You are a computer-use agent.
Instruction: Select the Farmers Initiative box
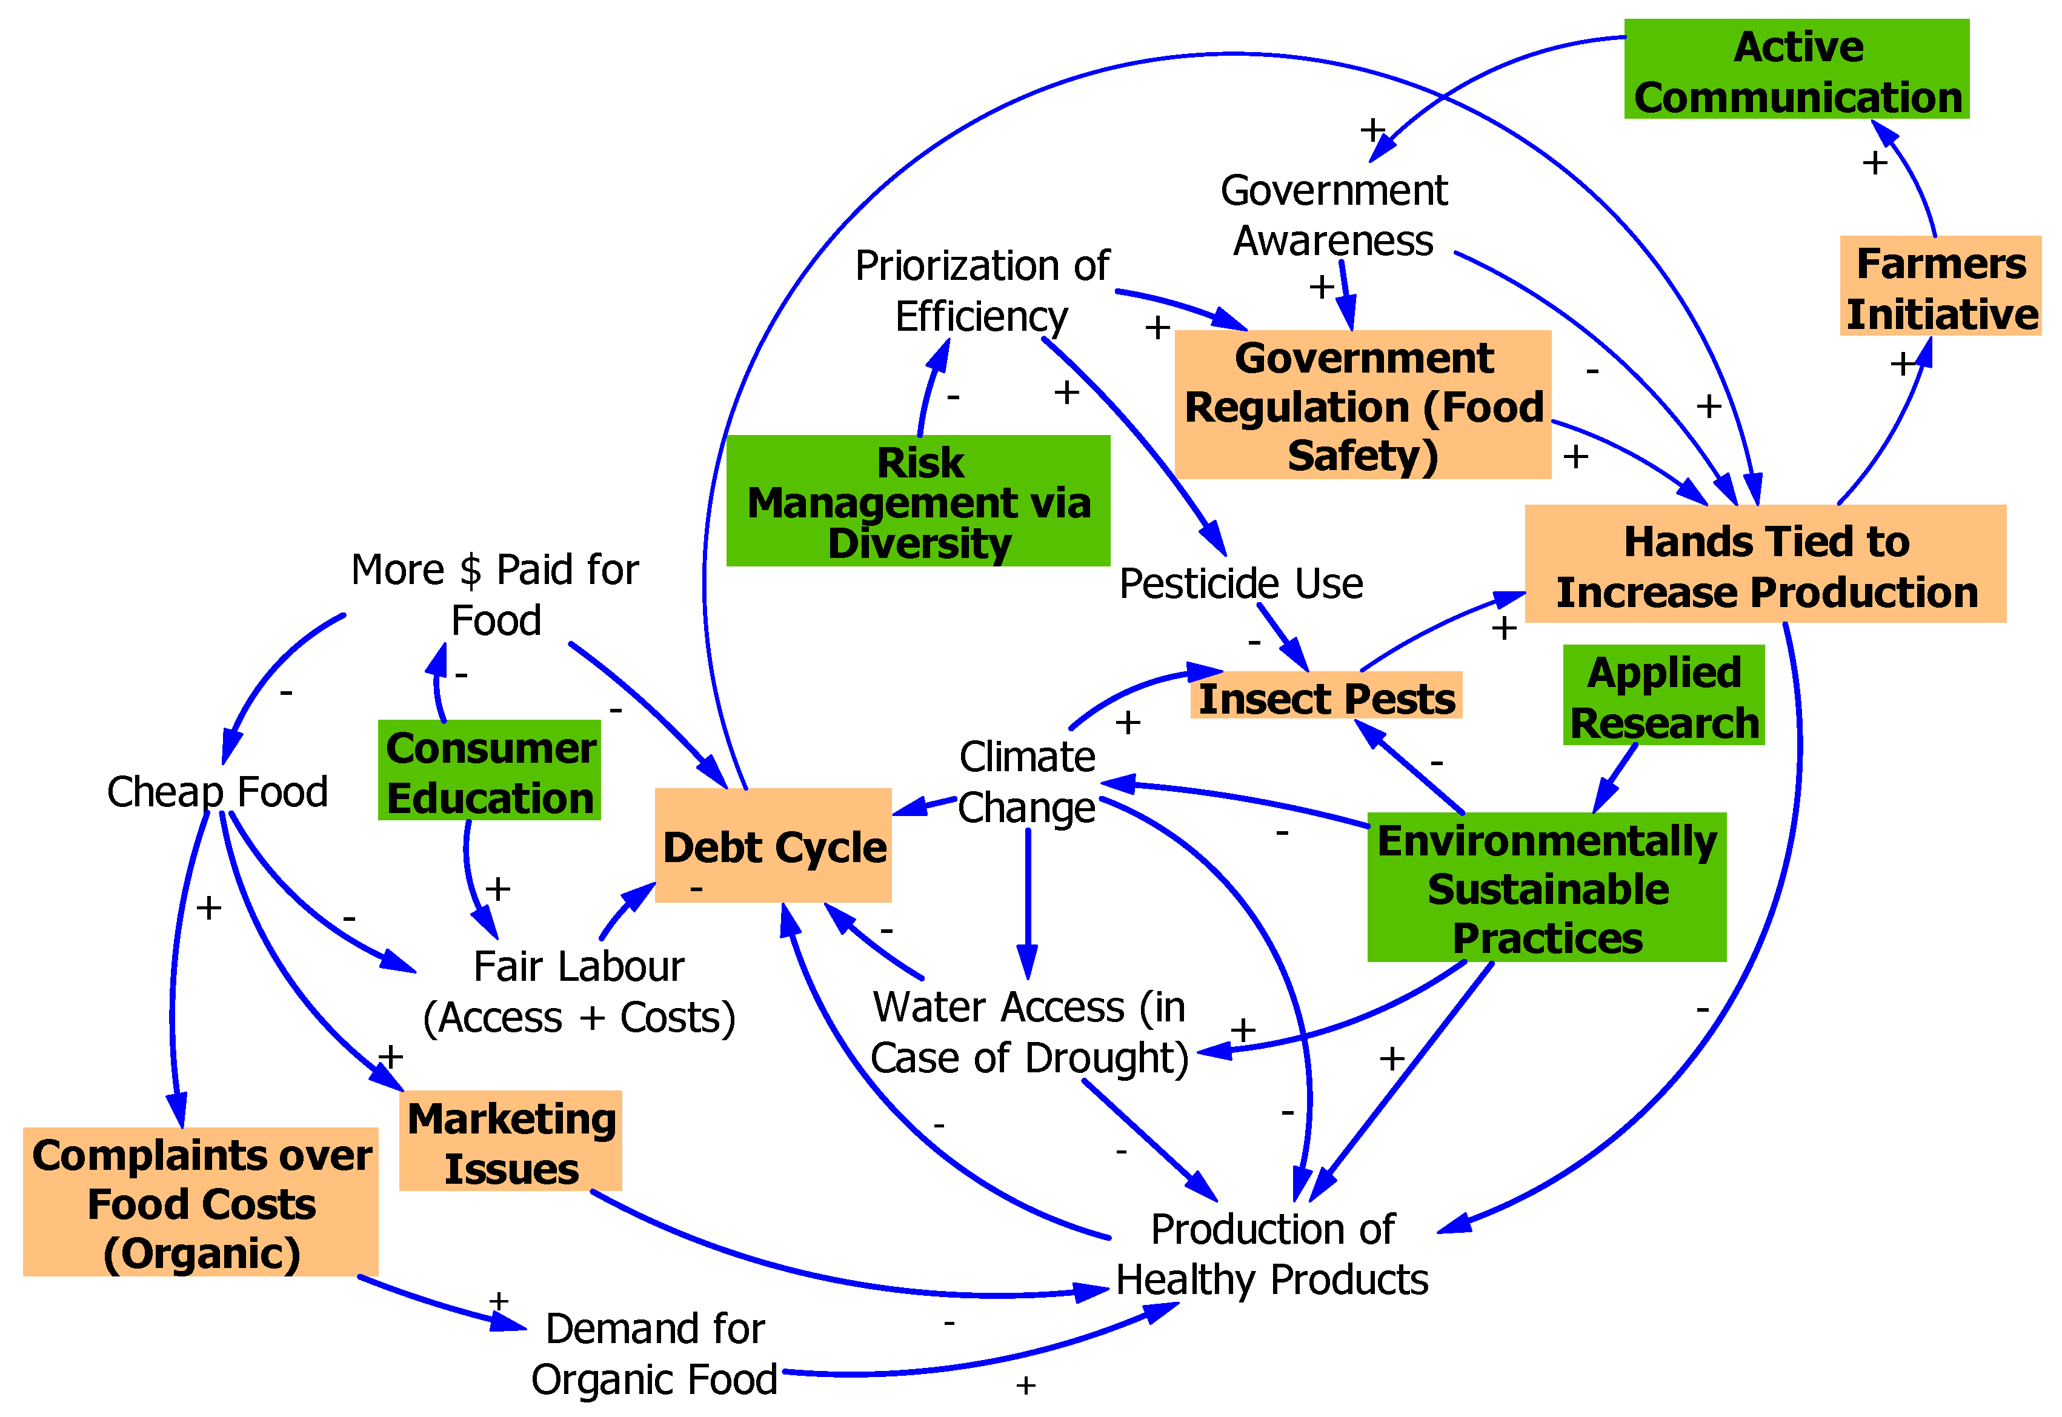(x=1940, y=286)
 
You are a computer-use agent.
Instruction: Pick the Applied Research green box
(x=1663, y=695)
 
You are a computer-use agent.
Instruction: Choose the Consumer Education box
(x=490, y=771)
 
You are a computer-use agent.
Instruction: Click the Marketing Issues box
(x=511, y=1141)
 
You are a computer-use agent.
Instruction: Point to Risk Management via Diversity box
(x=918, y=502)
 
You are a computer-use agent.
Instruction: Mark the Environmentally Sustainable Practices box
(x=1546, y=887)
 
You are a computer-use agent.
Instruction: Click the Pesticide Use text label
(x=1240, y=583)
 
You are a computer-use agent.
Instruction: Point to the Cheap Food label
(x=217, y=791)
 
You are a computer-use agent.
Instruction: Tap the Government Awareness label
(x=1333, y=215)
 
